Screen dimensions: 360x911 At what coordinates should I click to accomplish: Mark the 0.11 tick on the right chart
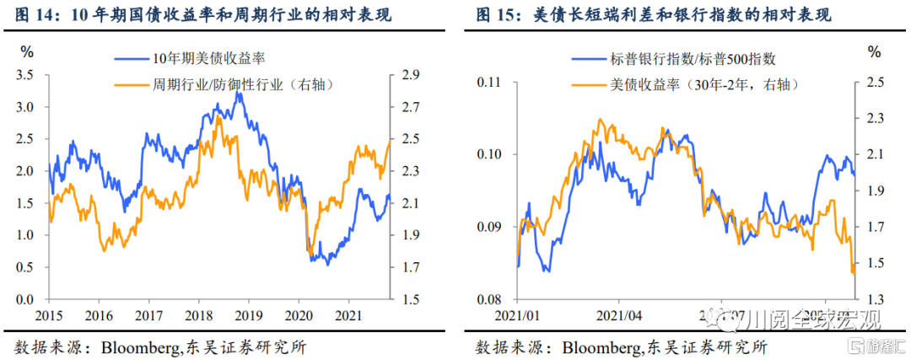(489, 82)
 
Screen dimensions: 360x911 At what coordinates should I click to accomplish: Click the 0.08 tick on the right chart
(489, 299)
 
